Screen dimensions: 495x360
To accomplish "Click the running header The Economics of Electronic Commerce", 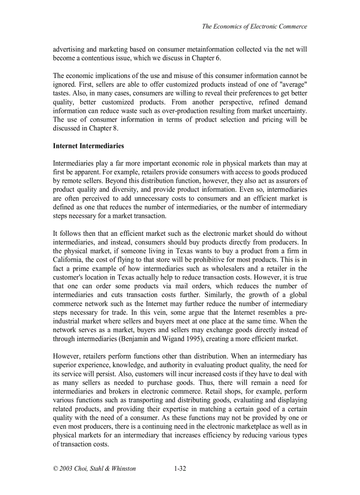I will (x=255, y=26).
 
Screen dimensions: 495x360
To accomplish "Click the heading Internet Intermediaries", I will (x=88, y=146).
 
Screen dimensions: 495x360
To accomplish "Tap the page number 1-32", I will (x=180, y=469).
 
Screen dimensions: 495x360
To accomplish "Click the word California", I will (x=69, y=260).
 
